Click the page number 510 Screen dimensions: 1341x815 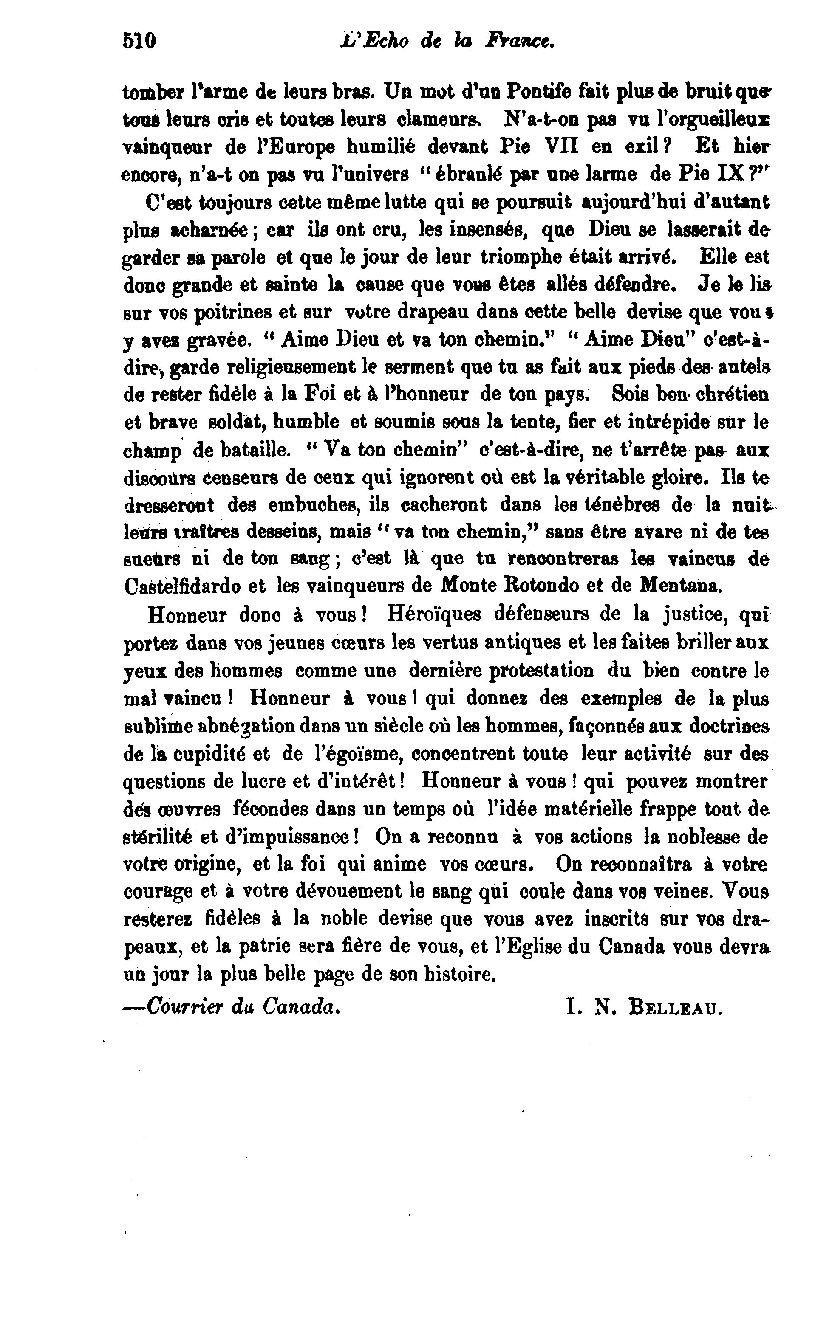tap(139, 41)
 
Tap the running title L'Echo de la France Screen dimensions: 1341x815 tap(447, 41)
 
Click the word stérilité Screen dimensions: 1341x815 tap(156, 837)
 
